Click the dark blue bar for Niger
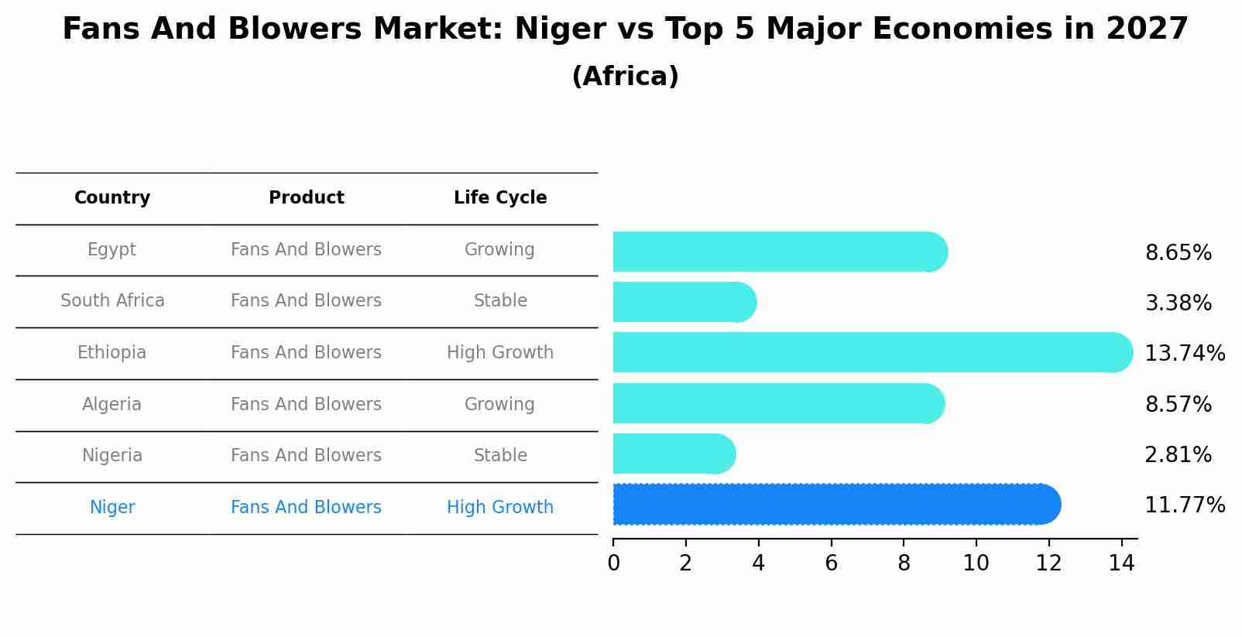[x=836, y=505]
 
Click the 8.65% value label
[x=1178, y=253]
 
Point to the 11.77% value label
[x=1184, y=505]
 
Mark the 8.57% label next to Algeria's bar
[x=1178, y=405]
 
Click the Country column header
[x=112, y=198]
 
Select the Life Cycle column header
[x=500, y=198]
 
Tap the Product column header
[x=307, y=198]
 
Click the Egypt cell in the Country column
[x=112, y=250]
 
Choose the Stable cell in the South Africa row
[x=500, y=301]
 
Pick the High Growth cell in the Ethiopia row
[x=500, y=353]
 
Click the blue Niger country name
[x=112, y=508]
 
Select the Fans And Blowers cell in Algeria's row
[x=306, y=405]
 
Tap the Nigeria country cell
[x=112, y=456]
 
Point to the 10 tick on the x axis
[x=976, y=563]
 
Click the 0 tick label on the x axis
[x=613, y=563]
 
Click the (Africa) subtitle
[x=625, y=77]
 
